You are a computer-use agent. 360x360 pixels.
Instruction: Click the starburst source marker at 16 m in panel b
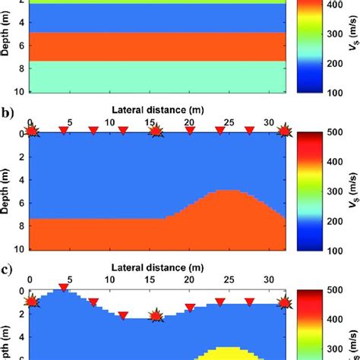pos(156,132)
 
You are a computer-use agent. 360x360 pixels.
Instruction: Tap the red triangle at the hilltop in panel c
pos(63,287)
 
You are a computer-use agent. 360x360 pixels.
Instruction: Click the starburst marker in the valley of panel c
pos(156,315)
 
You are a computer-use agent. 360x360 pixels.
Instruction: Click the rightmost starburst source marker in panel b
pos(286,132)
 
